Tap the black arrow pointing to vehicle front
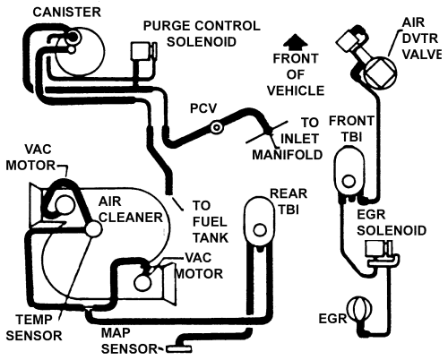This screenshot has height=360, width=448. (290, 40)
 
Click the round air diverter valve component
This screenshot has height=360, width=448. (376, 71)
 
